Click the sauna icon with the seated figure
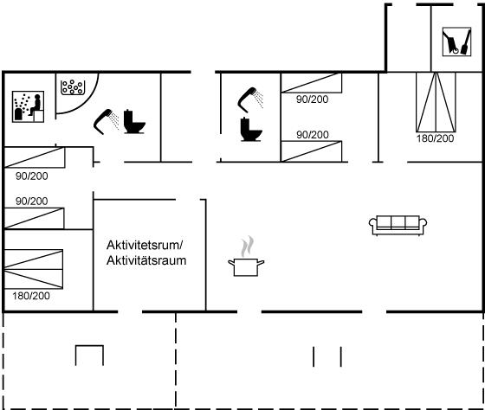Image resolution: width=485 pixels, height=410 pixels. pyautogui.click(x=28, y=106)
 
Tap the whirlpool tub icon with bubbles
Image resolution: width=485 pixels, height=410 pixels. pyautogui.click(x=73, y=87)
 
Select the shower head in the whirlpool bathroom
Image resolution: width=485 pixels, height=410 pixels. pyautogui.click(x=106, y=121)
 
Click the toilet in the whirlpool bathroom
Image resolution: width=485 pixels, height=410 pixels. pyautogui.click(x=134, y=121)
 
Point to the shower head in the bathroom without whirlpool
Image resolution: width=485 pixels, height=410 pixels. pyautogui.click(x=250, y=99)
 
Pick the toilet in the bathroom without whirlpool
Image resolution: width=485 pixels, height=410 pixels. pyautogui.click(x=251, y=129)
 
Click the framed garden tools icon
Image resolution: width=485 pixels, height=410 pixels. pyautogui.click(x=457, y=42)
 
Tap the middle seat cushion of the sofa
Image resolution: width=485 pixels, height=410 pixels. pyautogui.click(x=398, y=221)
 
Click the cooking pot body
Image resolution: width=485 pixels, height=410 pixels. pyautogui.click(x=246, y=267)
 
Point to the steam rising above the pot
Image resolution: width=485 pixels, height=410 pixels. pyautogui.click(x=248, y=247)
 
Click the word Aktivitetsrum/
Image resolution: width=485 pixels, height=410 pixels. pyautogui.click(x=145, y=245)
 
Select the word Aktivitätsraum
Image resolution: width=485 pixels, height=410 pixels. pyautogui.click(x=146, y=260)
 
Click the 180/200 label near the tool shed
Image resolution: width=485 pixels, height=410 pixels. pyautogui.click(x=435, y=138)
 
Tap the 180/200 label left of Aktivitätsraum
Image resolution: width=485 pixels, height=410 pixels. pyautogui.click(x=31, y=296)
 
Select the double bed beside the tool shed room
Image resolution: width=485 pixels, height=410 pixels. pyautogui.click(x=436, y=102)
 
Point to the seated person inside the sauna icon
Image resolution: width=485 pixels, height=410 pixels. pyautogui.click(x=36, y=106)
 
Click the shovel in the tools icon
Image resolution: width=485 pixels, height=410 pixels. pyautogui.click(x=466, y=42)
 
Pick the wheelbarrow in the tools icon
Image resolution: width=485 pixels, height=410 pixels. pyautogui.click(x=451, y=43)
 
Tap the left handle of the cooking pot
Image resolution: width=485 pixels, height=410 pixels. pyautogui.click(x=231, y=263)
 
